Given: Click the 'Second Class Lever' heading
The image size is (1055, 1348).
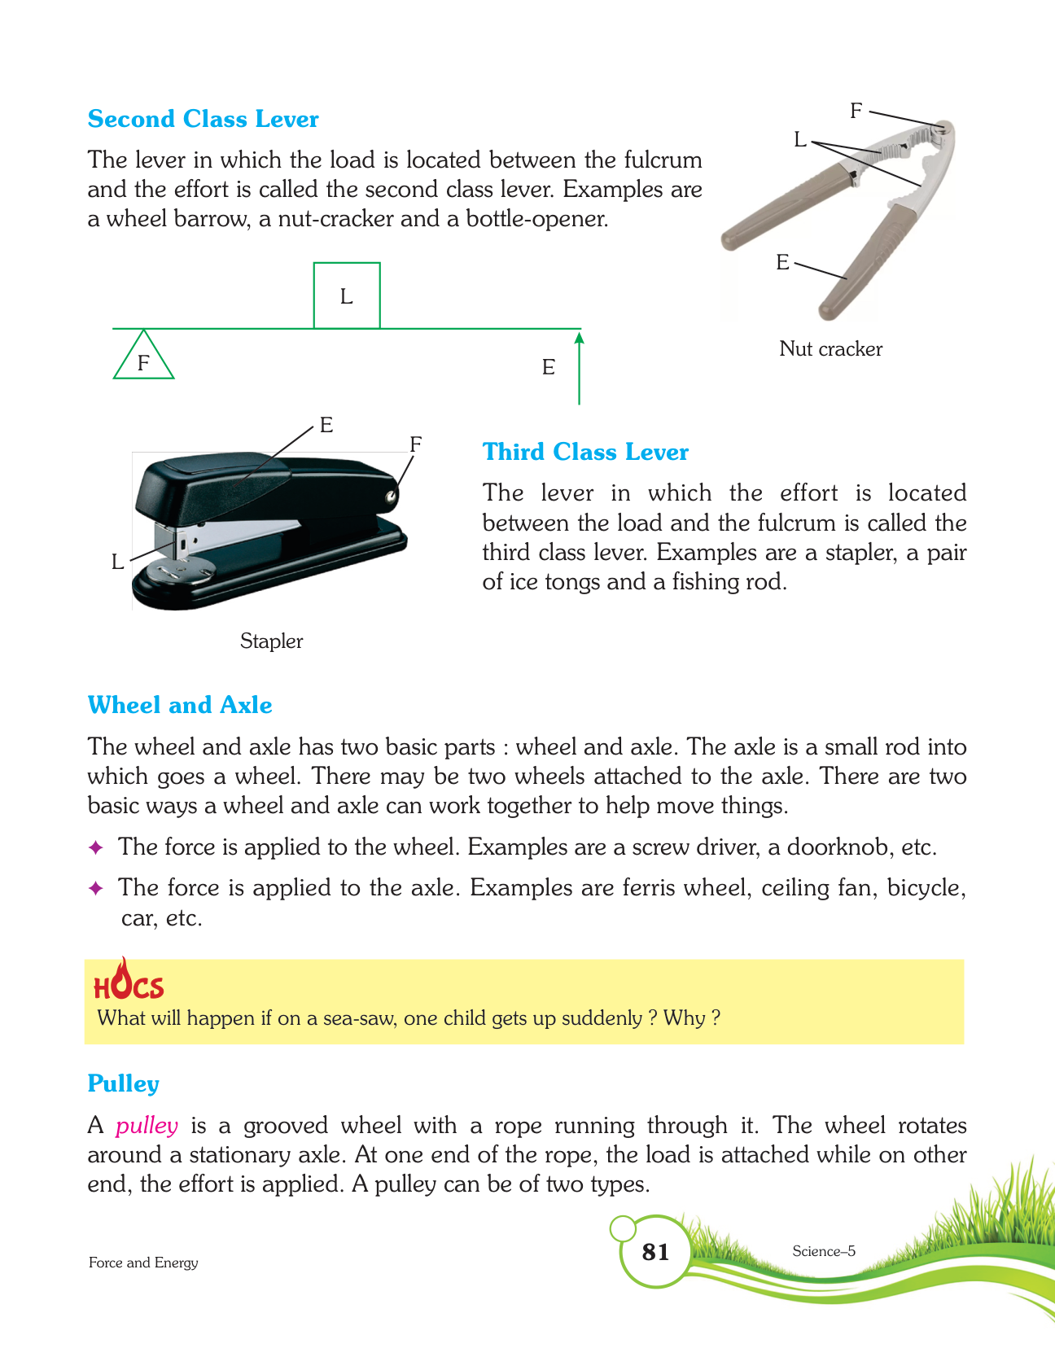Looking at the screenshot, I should [x=203, y=119].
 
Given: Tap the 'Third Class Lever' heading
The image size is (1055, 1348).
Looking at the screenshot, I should [x=585, y=452].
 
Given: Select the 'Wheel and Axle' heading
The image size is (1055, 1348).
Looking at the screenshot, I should [x=180, y=705].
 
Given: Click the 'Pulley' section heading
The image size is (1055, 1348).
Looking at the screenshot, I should [x=123, y=1084].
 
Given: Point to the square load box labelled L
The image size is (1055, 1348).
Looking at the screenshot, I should [x=347, y=295].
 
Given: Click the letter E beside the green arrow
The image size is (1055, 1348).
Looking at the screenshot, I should [x=549, y=368].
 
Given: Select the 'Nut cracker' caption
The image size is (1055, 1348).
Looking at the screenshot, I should [x=830, y=349].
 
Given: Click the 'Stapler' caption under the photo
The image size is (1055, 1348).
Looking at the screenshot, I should [x=271, y=641].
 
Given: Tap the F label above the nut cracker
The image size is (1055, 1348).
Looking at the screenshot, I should [x=856, y=111].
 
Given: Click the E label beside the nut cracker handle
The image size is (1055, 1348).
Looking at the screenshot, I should [x=782, y=262].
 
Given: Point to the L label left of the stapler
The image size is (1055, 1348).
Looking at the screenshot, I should [x=118, y=562].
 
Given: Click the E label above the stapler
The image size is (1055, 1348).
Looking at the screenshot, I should [x=326, y=425].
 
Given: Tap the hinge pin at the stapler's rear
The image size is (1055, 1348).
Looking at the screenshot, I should [x=392, y=494].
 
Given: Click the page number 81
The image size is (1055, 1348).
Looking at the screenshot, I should [x=655, y=1252].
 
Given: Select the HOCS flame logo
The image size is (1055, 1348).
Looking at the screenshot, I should [x=129, y=981].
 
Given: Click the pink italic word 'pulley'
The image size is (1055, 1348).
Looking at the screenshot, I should [x=147, y=1126].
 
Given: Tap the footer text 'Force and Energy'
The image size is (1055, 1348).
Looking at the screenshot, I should [x=143, y=1263].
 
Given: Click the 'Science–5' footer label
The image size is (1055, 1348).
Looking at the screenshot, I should [x=824, y=1251].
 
